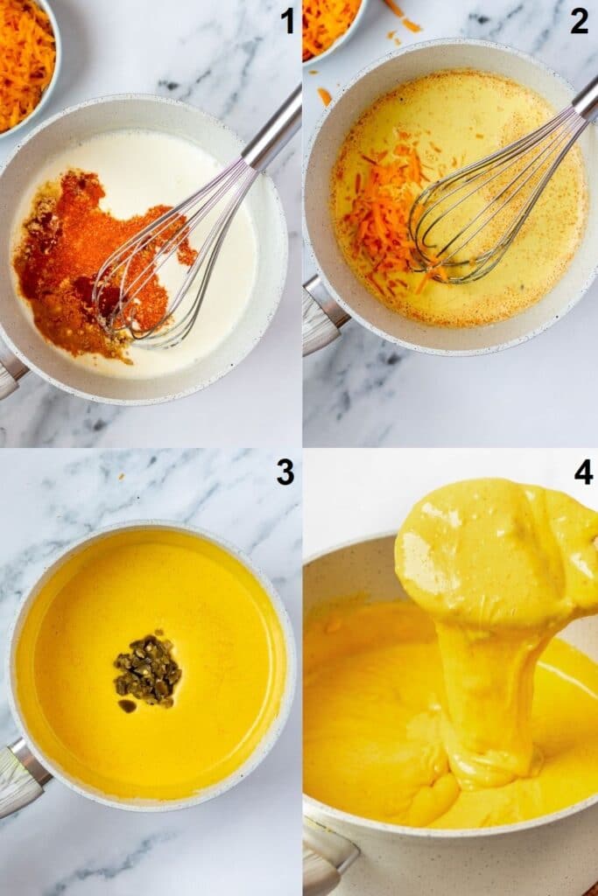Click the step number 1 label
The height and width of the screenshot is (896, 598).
287,20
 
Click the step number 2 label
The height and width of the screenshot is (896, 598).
579,20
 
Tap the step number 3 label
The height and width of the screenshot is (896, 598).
285,472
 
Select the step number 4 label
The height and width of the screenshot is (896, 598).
583,472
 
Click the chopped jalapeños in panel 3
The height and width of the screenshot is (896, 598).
147,672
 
